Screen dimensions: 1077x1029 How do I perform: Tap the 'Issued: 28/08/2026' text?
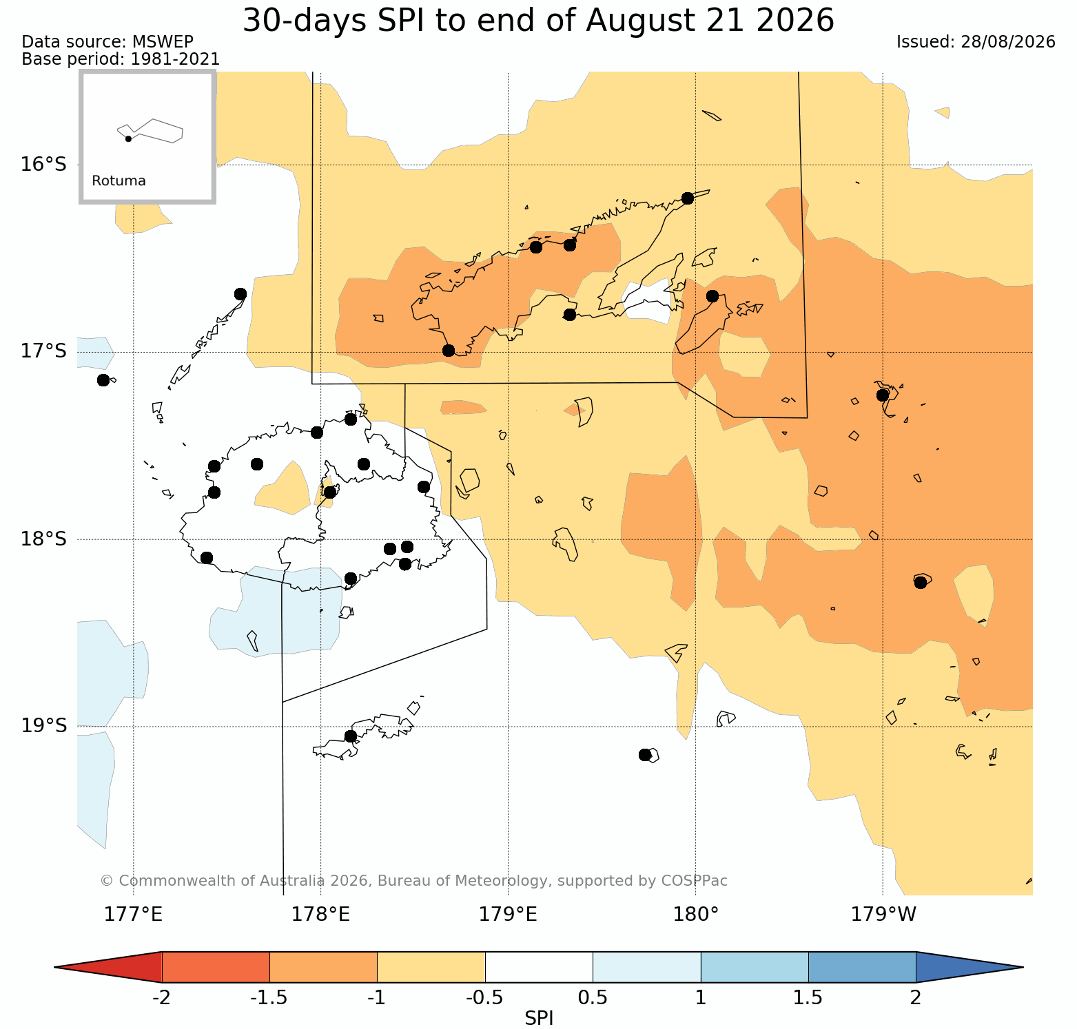pyautogui.click(x=976, y=42)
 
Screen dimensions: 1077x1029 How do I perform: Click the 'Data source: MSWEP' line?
pyautogui.click(x=107, y=42)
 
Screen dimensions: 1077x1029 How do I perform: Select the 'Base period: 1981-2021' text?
pyautogui.click(x=121, y=59)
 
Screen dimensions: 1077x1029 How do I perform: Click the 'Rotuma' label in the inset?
pyautogui.click(x=119, y=181)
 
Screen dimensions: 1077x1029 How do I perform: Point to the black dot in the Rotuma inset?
pyautogui.click(x=128, y=138)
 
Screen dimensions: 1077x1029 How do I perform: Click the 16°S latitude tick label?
pyautogui.click(x=43, y=165)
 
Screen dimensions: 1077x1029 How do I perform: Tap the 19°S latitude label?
pyautogui.click(x=43, y=726)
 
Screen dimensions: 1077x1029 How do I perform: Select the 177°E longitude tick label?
pyautogui.click(x=133, y=915)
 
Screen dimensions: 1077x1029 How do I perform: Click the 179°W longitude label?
pyautogui.click(x=883, y=915)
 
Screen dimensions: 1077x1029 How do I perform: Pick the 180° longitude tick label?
pyautogui.click(x=696, y=915)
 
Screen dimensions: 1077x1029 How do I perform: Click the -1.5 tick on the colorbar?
pyautogui.click(x=269, y=997)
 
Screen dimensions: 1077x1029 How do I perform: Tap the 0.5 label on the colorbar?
pyautogui.click(x=593, y=997)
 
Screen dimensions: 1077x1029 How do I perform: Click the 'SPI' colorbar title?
pyautogui.click(x=539, y=1018)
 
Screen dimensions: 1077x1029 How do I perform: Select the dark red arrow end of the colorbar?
pyautogui.click(x=108, y=967)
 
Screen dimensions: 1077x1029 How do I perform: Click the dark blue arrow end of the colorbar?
pyautogui.click(x=970, y=967)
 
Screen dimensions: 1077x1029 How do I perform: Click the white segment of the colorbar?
pyautogui.click(x=539, y=967)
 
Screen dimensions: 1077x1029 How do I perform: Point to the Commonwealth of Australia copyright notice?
pyautogui.click(x=413, y=881)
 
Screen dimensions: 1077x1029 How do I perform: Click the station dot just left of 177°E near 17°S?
pyautogui.click(x=103, y=380)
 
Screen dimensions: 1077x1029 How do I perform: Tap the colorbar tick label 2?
pyautogui.click(x=916, y=997)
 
